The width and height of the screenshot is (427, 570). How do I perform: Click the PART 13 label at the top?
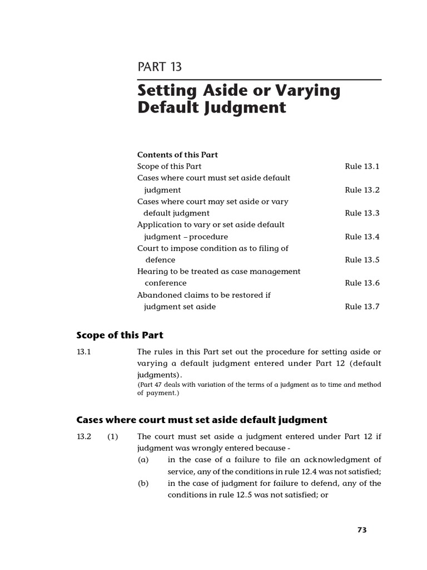point(160,67)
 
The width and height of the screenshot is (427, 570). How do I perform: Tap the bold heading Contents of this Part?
point(177,155)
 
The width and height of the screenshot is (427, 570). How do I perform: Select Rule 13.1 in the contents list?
point(362,166)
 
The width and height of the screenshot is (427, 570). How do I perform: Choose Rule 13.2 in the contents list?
point(362,190)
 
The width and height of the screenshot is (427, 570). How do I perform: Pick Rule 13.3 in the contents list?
point(362,213)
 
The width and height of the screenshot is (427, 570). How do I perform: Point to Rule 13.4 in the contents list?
point(362,237)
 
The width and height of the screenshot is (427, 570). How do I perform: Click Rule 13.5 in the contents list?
point(362,260)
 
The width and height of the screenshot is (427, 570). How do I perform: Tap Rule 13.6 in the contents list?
point(362,283)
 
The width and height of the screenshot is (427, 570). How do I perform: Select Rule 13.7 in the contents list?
point(362,307)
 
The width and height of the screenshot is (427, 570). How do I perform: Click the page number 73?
point(362,530)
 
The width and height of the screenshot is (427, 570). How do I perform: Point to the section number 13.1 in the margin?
point(83,352)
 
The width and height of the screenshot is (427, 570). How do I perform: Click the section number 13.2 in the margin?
point(83,437)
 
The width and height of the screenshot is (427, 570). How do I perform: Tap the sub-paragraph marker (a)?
point(143,460)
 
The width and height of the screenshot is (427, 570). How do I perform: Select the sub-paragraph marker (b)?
point(143,483)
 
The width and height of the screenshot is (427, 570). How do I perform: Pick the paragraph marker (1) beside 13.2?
point(113,437)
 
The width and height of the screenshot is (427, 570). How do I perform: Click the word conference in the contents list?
point(165,283)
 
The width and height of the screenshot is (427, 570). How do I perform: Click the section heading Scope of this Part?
point(120,335)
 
